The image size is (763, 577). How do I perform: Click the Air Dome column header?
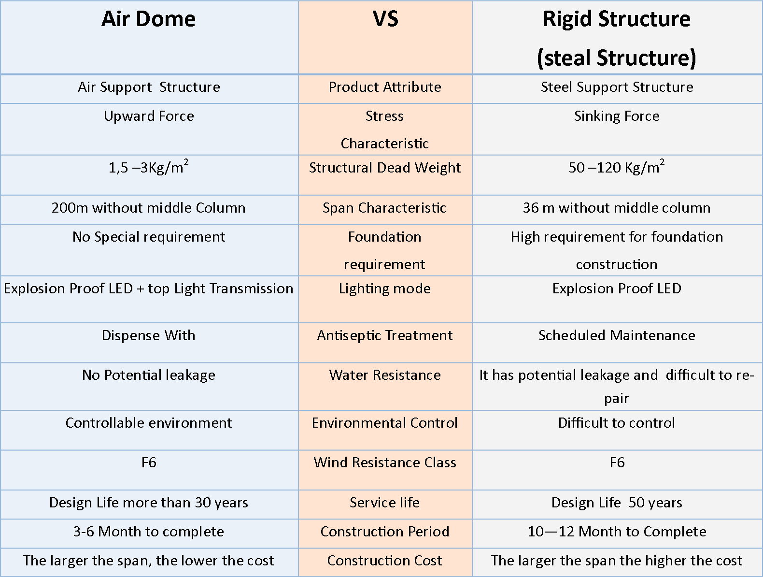click(148, 19)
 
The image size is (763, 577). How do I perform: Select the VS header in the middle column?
click(385, 19)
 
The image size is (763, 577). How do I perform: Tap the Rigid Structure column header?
click(617, 38)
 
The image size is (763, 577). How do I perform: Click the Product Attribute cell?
click(385, 87)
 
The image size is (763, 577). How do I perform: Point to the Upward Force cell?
click(149, 116)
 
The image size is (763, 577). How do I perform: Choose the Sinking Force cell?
click(617, 116)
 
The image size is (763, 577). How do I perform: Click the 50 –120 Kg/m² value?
click(617, 167)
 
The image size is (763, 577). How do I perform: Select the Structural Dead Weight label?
click(385, 168)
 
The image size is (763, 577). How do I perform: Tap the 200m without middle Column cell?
click(148, 208)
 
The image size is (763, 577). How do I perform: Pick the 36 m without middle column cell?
click(617, 208)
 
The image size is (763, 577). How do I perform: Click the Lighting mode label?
click(385, 289)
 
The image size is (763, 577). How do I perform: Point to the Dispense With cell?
click(148, 335)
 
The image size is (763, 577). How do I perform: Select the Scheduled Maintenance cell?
click(617, 335)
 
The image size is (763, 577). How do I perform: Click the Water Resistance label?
click(385, 375)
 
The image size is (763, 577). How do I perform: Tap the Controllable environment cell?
click(148, 422)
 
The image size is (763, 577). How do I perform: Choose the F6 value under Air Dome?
click(149, 462)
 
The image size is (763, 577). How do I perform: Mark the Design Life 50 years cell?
click(617, 503)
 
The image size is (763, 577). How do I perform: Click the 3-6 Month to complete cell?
click(148, 532)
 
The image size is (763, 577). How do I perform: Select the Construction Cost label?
click(385, 561)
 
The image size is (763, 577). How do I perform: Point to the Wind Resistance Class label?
click(385, 462)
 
